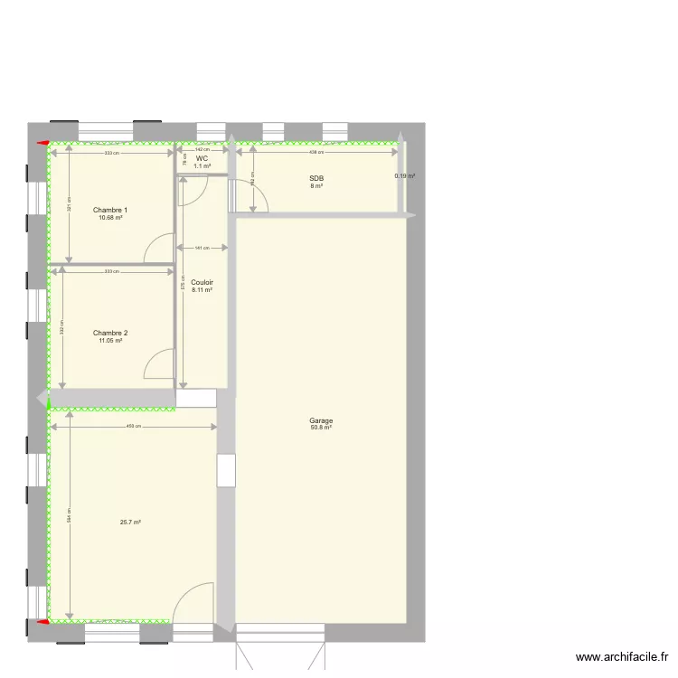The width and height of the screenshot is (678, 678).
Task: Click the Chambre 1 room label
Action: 110,210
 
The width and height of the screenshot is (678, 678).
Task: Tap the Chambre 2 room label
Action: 110,333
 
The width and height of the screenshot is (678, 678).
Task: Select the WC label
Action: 202,158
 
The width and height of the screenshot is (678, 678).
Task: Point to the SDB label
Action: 316,179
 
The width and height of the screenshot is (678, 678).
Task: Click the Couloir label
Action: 202,282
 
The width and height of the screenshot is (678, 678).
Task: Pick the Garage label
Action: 321,420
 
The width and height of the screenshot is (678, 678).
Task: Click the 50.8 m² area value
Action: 321,428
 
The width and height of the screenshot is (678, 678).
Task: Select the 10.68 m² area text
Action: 110,218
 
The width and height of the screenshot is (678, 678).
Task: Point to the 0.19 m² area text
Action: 404,176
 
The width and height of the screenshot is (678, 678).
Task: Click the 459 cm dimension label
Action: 133,426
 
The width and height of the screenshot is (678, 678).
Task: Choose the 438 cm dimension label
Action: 318,152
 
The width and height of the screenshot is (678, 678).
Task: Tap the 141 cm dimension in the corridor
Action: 202,248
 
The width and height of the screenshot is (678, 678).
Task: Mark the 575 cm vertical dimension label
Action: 183,283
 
